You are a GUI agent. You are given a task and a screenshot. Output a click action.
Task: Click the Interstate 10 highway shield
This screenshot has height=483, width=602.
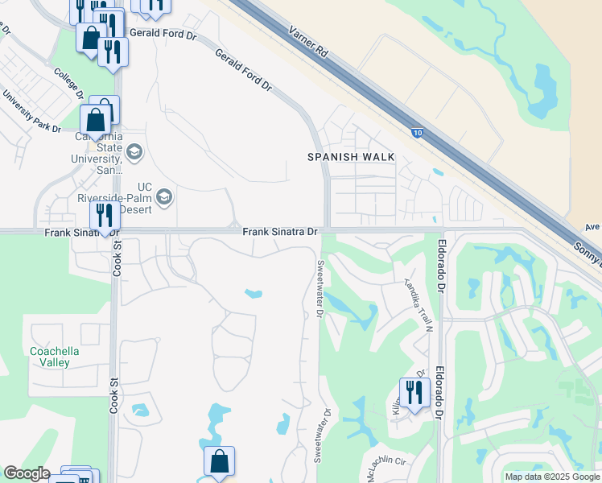click(418, 134)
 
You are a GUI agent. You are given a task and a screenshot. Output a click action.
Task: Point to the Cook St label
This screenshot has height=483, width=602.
click(116, 258)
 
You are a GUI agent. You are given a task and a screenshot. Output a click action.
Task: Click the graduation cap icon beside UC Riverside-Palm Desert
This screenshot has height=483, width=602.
click(165, 197)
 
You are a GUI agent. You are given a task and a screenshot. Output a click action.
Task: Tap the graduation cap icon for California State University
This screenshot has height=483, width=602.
click(134, 151)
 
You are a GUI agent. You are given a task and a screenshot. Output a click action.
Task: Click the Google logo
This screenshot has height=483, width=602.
click(27, 473)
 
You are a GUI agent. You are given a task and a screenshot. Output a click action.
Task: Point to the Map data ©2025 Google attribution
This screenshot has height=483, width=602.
click(551, 477)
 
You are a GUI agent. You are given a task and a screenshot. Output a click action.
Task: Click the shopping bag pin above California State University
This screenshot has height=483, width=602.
click(95, 121)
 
